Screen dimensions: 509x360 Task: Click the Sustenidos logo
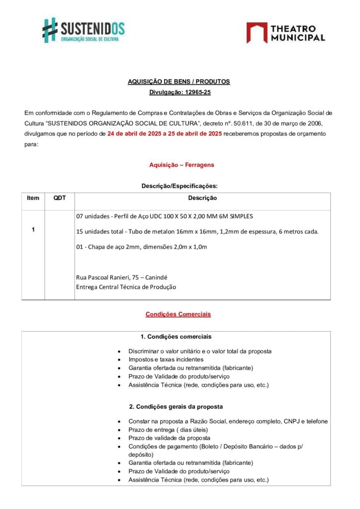tap(83, 31)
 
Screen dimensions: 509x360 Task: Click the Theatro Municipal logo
tap(285, 32)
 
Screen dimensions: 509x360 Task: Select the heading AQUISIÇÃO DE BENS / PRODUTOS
tap(179, 82)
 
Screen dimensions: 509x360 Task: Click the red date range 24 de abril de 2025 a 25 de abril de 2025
tap(165, 134)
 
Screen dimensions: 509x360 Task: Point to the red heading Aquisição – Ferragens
tap(181, 165)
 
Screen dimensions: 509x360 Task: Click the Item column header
tap(33, 198)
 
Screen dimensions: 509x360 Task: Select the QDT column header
tap(60, 198)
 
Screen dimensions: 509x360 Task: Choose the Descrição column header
tap(202, 198)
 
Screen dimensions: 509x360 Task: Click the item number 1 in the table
tap(33, 230)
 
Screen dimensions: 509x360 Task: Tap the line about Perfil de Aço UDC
tap(165, 216)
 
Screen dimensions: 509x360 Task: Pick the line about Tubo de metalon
tap(197, 232)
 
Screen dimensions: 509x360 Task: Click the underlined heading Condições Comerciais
tap(178, 314)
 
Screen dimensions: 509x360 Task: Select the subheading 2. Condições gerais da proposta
tap(176, 407)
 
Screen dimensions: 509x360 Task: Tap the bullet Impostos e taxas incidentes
tap(166, 359)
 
